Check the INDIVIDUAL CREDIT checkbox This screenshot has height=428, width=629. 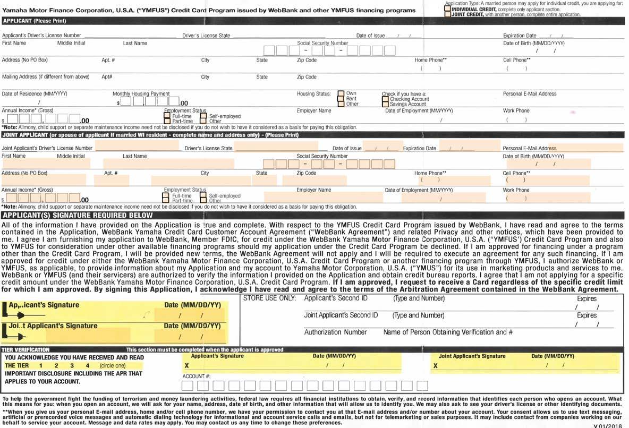tap(448, 9)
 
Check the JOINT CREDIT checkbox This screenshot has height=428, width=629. tap(448, 14)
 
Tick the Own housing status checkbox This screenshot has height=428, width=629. tap(341, 93)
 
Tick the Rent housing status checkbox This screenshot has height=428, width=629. tap(341, 99)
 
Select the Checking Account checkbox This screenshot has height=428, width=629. tap(385, 99)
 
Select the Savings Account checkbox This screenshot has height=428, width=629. tap(385, 105)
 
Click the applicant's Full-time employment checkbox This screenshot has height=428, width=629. tap(167, 116)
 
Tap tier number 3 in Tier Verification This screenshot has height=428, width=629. tap(72, 366)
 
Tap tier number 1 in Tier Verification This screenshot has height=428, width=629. tap(40, 366)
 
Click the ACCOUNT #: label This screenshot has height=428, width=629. tap(197, 376)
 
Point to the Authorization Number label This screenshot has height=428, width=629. tap(335, 332)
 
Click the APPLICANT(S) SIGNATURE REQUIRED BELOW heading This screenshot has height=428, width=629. tap(78, 216)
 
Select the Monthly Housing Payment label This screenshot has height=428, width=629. tap(141, 93)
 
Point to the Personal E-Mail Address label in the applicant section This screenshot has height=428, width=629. tap(530, 93)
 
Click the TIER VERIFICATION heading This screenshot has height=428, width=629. tap(26, 350)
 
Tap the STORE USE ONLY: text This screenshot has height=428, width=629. tap(269, 298)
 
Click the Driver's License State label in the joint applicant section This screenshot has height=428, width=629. tap(208, 148)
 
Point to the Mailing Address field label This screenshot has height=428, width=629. tap(46, 77)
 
